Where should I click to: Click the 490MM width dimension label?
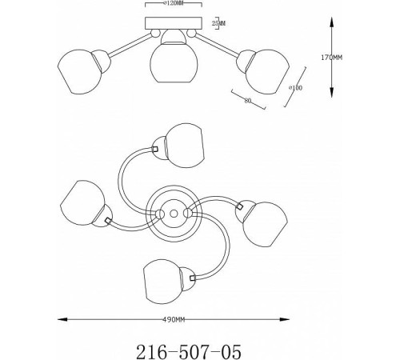(174, 320)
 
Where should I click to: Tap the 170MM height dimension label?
(331, 58)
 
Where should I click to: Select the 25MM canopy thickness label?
(218, 23)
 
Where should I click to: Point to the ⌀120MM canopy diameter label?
(173, 3)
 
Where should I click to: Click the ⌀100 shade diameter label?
(296, 88)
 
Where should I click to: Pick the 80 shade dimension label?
(248, 101)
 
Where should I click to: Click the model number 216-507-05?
(189, 352)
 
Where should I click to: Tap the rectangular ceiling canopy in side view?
(174, 23)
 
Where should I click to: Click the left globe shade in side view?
(79, 71)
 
